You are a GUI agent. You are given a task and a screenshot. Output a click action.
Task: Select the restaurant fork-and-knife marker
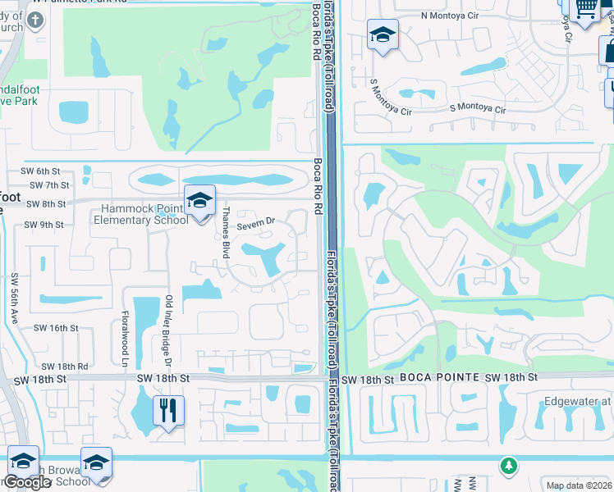pyautogui.click(x=168, y=410)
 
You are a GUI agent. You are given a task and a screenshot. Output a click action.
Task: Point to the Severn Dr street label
pyautogui.click(x=255, y=223)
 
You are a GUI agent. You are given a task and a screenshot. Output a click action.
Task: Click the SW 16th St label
pyautogui.click(x=56, y=327)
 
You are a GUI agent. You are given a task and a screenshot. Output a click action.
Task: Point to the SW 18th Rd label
pyautogui.click(x=64, y=366)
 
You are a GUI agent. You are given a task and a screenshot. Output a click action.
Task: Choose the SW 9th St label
pyautogui.click(x=44, y=225)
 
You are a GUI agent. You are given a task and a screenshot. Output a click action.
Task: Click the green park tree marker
pyautogui.click(x=509, y=466)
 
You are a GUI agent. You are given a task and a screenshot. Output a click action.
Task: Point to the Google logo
pyautogui.click(x=27, y=482)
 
